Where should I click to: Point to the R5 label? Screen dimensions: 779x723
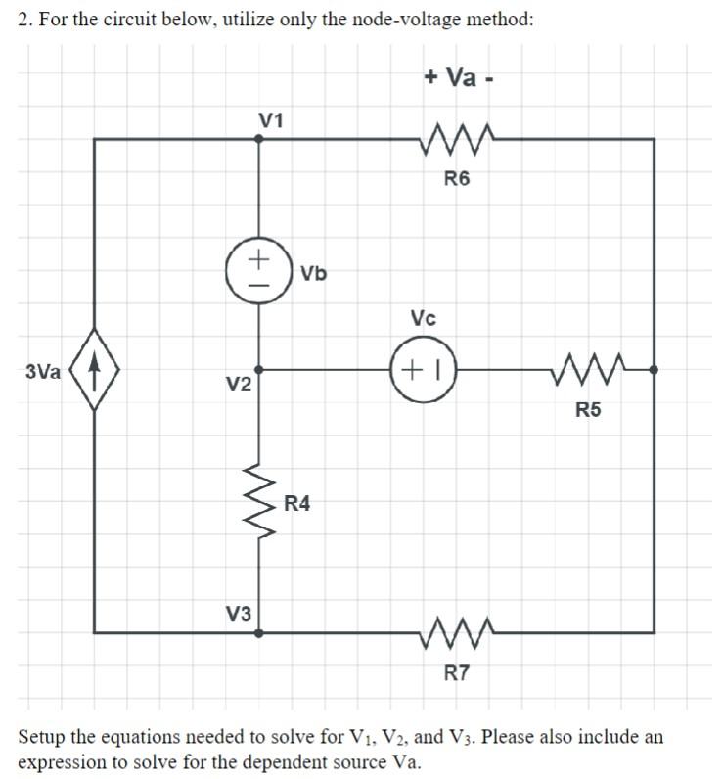click(588, 410)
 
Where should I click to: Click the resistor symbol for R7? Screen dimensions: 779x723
click(457, 633)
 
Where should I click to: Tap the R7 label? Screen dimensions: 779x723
click(457, 672)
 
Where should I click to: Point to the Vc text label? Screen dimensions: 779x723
click(424, 319)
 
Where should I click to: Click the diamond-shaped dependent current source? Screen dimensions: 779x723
click(94, 371)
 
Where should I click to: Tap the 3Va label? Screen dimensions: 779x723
click(43, 372)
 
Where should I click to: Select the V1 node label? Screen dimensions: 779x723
click(271, 121)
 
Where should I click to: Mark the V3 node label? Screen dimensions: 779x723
click(239, 615)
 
